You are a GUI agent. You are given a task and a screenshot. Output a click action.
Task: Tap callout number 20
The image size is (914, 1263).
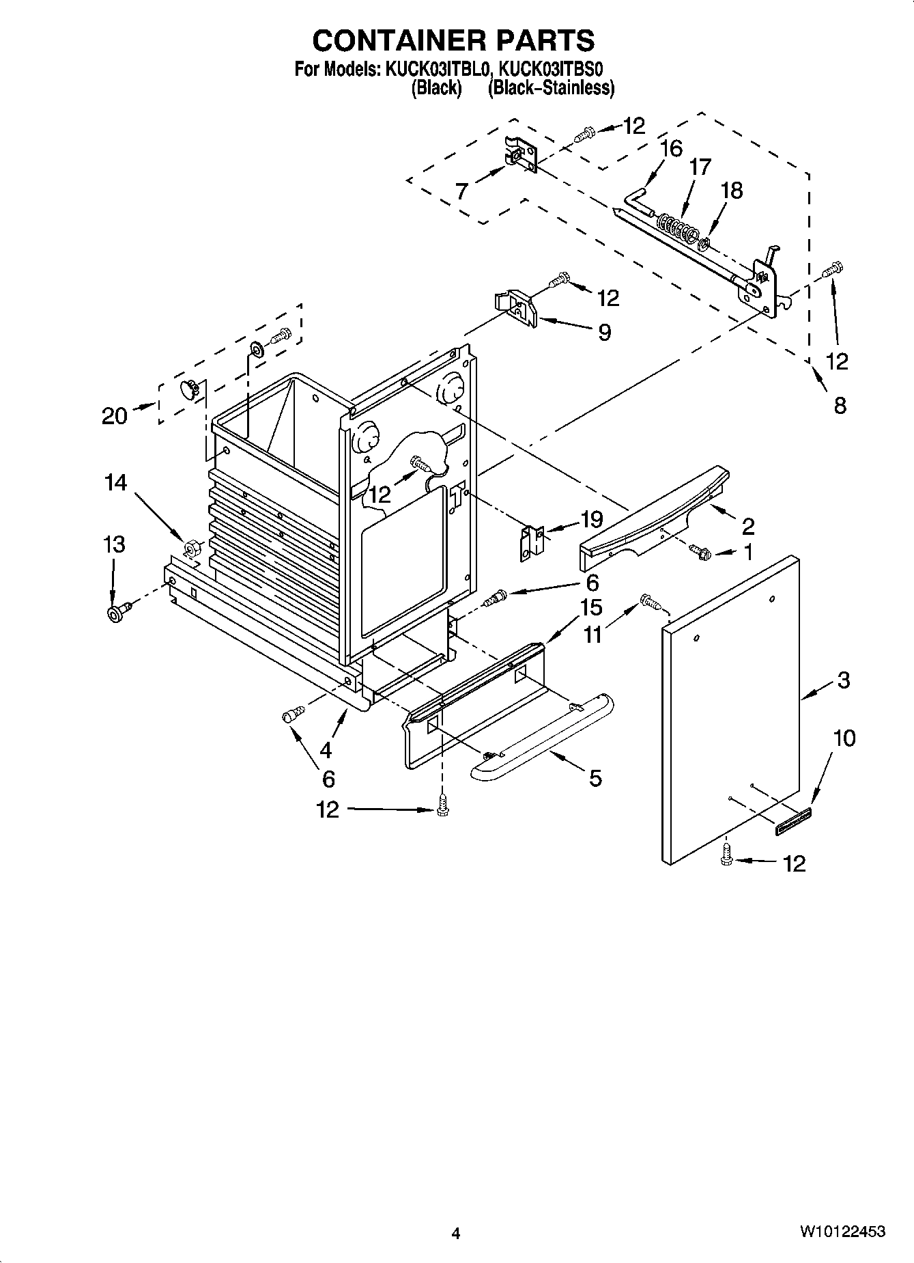point(115,415)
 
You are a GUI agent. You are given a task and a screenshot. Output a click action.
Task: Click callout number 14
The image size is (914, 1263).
point(115,483)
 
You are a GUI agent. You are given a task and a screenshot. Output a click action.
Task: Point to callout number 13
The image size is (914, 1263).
point(114,544)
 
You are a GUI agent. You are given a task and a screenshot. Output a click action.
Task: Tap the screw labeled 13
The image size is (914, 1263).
point(116,611)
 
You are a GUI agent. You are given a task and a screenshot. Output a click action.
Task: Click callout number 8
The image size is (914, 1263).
point(840,405)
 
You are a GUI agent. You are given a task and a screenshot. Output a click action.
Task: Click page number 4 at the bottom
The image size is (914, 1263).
point(456,1232)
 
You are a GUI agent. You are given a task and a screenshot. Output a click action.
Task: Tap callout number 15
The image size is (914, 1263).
point(591,607)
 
